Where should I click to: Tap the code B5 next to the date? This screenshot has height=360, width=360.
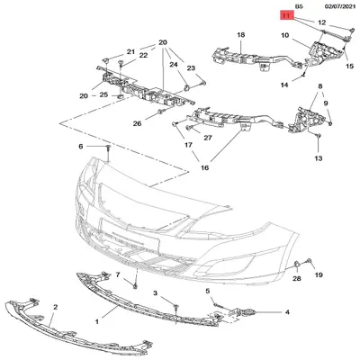coord(287,5)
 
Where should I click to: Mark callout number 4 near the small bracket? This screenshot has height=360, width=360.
coord(287,312)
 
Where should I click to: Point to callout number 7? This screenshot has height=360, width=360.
coord(116,271)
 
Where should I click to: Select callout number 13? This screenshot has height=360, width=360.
coord(318,158)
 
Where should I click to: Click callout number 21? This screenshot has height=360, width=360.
coord(130,51)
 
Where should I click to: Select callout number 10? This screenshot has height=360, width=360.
coord(284,36)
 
